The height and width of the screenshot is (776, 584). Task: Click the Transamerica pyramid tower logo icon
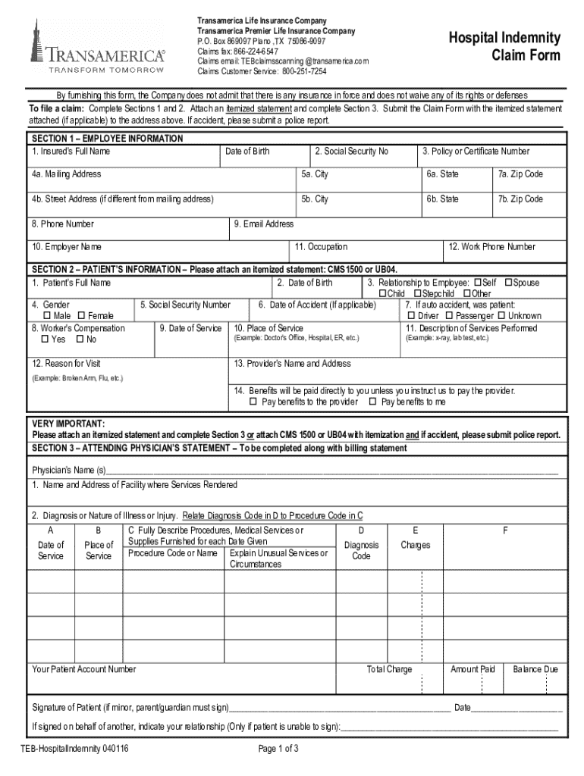tap(37, 42)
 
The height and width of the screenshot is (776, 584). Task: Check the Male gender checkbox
tap(47, 316)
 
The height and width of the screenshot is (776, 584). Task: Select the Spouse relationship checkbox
tap(508, 283)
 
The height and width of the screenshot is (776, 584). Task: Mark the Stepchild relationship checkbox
tap(417, 294)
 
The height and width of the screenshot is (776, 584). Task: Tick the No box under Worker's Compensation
tap(80, 339)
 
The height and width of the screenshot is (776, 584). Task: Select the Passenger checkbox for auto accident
tap(450, 316)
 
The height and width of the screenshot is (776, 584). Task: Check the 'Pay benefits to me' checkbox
tap(372, 402)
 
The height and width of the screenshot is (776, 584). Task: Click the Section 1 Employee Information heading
tap(107, 139)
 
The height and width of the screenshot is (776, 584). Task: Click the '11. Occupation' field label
tap(321, 247)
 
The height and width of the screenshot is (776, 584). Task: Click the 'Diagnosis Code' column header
tap(362, 550)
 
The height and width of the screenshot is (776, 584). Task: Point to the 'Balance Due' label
tap(535, 669)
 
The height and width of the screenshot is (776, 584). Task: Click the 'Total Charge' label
tap(389, 669)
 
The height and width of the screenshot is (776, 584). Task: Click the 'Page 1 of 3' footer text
tap(278, 749)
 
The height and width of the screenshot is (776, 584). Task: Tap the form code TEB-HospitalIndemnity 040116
tap(74, 749)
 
